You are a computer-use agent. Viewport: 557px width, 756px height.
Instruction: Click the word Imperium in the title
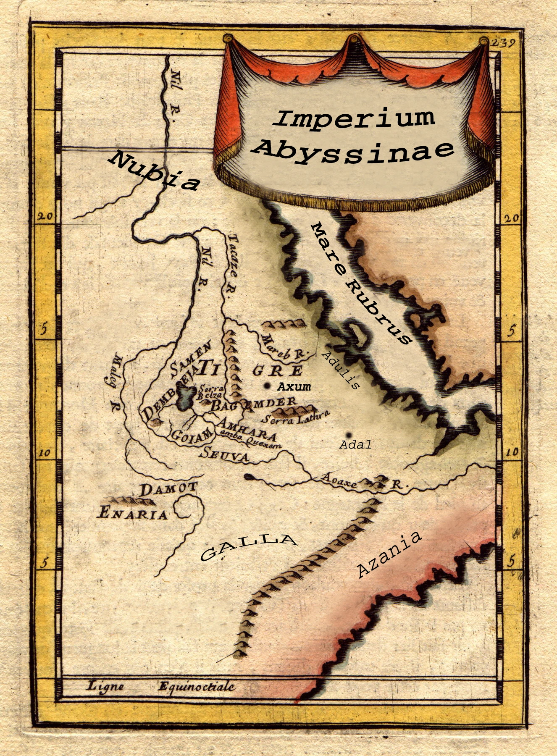[x=354, y=118]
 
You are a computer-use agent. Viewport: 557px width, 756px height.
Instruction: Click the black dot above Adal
[x=348, y=435]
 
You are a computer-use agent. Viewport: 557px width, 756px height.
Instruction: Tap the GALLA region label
[x=248, y=547]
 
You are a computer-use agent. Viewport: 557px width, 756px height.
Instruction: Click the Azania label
[x=389, y=554]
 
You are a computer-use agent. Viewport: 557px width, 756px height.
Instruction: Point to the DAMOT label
[x=168, y=489]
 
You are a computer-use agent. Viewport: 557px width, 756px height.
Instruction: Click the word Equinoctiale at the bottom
[x=197, y=687]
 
